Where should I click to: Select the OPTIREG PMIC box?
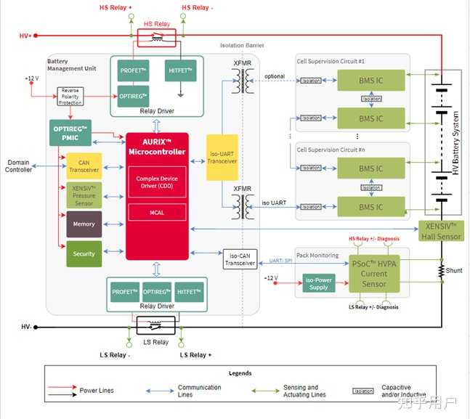[x=70, y=132]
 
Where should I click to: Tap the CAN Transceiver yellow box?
[x=84, y=166]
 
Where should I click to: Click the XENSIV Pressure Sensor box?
[x=84, y=195]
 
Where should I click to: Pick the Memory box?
[x=84, y=224]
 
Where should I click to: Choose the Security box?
[x=84, y=253]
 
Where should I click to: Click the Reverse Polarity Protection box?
[x=72, y=96]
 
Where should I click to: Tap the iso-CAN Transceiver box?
[x=240, y=259]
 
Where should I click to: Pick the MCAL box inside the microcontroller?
[x=157, y=211]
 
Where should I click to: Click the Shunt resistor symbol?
[x=440, y=270]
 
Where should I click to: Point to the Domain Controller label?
[x=20, y=166]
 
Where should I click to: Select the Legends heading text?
[x=240, y=373]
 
